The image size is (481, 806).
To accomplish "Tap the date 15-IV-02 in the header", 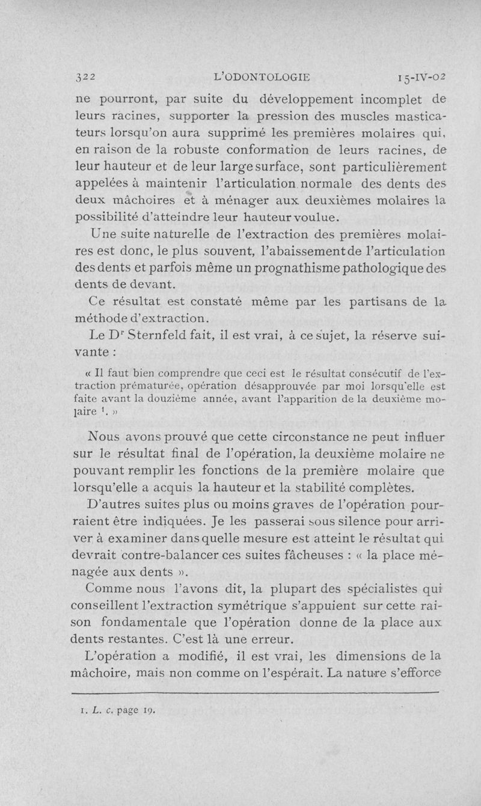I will [x=417, y=76].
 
